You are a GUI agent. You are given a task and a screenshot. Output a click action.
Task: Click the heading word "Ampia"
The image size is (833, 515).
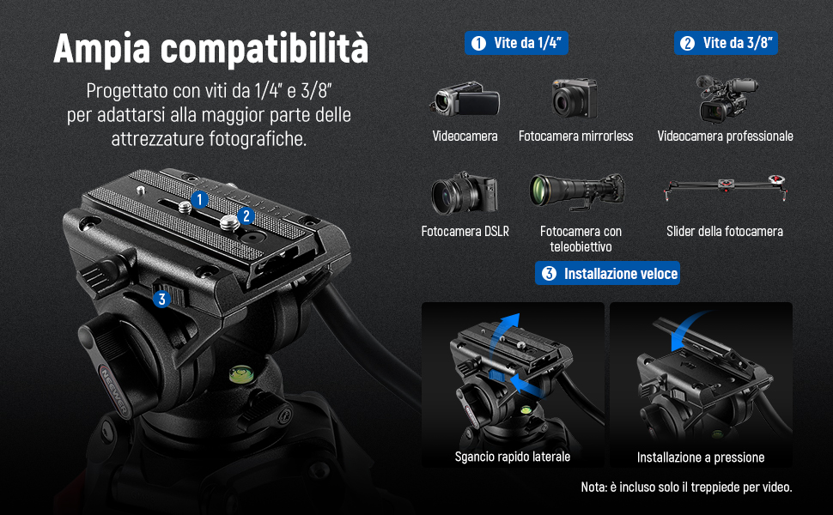click(x=102, y=48)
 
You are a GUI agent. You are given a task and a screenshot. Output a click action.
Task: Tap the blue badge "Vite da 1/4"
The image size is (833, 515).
click(x=516, y=43)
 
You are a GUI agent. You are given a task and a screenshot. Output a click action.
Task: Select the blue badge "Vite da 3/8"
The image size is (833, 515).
click(x=726, y=43)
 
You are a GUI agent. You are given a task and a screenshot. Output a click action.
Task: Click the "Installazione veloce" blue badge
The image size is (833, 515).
click(x=607, y=274)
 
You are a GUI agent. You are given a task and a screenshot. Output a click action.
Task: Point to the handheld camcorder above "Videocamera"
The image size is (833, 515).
click(x=465, y=98)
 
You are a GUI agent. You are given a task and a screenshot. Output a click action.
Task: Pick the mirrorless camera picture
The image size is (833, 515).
click(x=575, y=98)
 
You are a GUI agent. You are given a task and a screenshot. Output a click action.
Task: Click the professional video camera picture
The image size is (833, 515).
click(x=726, y=98)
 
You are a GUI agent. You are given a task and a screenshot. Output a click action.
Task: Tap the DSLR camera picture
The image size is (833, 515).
click(x=465, y=193)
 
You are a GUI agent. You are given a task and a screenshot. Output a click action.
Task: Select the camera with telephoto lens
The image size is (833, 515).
click(x=577, y=191)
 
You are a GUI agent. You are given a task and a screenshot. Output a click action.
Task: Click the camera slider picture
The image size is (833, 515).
click(x=725, y=187)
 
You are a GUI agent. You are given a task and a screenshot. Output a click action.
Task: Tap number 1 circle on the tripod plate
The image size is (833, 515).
click(x=199, y=200)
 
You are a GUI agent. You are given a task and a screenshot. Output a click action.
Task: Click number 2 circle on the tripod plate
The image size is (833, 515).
click(x=246, y=216)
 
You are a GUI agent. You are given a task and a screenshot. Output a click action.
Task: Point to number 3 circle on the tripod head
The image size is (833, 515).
click(x=162, y=299)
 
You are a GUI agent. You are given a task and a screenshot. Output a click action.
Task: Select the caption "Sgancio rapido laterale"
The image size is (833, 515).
click(x=513, y=457)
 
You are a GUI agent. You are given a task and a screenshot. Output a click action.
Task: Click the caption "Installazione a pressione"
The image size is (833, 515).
click(x=701, y=457)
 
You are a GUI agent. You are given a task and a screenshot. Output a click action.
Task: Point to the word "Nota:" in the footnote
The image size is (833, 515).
click(x=594, y=487)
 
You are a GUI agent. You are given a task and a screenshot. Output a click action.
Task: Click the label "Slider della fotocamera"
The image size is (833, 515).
click(x=725, y=232)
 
